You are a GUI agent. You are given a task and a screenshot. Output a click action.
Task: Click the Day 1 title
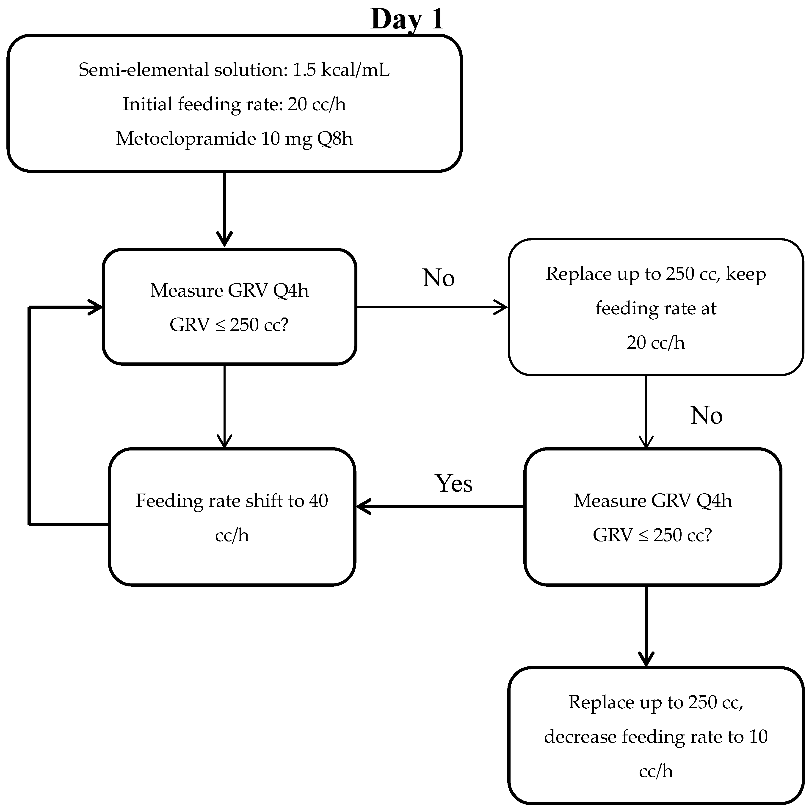pyautogui.click(x=407, y=19)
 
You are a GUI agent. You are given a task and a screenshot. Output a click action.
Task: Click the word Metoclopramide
pyautogui.click(x=186, y=139)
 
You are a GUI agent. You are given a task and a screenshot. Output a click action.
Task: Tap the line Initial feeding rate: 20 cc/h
pyautogui.click(x=234, y=104)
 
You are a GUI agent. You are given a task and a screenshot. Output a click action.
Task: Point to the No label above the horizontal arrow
pyautogui.click(x=438, y=278)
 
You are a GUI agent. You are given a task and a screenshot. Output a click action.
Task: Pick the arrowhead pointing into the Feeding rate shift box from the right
pyautogui.click(x=362, y=507)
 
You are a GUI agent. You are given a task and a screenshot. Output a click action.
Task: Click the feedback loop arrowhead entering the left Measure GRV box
pyautogui.click(x=96, y=307)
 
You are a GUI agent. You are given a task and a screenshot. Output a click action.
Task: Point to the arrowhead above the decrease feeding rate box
pyautogui.click(x=646, y=660)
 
